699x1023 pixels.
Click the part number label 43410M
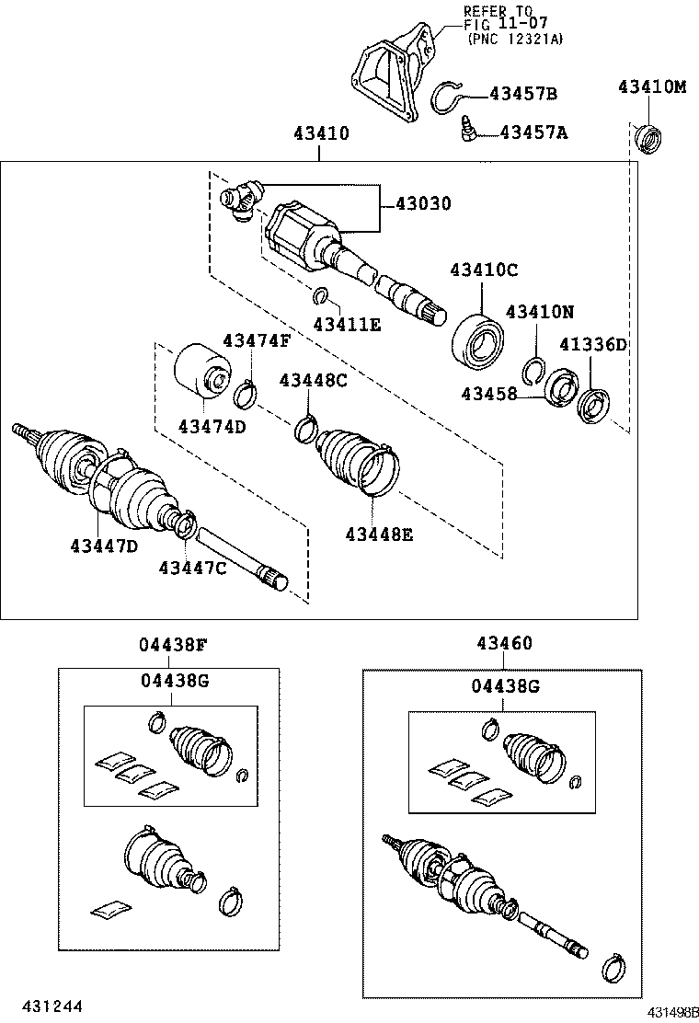click(652, 87)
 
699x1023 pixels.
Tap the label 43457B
click(523, 94)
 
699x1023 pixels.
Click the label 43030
click(423, 204)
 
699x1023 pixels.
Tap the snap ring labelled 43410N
click(531, 368)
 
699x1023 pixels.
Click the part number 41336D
click(593, 345)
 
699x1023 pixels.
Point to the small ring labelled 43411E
click(321, 295)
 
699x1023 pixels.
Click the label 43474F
click(256, 341)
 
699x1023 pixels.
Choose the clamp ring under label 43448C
click(305, 429)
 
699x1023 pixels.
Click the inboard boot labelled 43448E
click(359, 461)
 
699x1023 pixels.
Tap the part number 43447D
click(104, 546)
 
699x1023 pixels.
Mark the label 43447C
click(192, 568)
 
